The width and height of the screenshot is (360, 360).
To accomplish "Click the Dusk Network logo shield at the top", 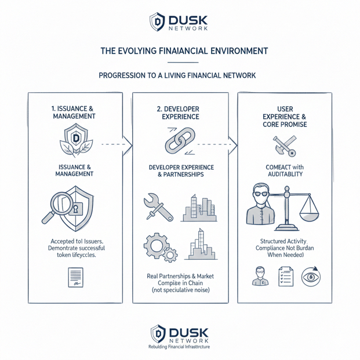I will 157,22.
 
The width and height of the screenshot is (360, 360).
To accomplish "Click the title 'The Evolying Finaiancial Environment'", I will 184,51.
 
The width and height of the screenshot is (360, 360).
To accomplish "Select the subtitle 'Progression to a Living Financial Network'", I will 177,75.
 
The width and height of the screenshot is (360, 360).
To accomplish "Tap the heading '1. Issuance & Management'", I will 73,112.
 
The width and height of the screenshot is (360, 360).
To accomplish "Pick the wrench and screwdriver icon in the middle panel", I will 157,209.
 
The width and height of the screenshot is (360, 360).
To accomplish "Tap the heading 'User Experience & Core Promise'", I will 285,117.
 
